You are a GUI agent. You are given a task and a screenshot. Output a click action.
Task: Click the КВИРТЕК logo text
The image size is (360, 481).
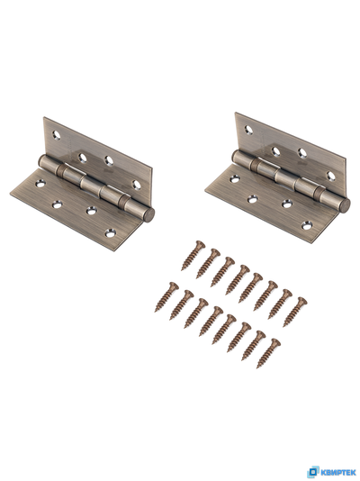click(x=337, y=472)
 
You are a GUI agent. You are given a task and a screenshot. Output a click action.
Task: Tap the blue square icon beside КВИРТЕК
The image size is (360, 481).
click(x=313, y=472)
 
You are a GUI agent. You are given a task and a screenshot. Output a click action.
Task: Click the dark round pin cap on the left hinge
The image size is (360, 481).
click(x=148, y=215)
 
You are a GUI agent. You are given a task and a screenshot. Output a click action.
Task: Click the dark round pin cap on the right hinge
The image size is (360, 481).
click(x=345, y=205)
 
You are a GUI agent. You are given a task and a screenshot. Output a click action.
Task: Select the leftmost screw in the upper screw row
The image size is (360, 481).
click(x=193, y=256)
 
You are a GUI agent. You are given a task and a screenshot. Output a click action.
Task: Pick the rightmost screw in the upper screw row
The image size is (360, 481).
click(x=295, y=312)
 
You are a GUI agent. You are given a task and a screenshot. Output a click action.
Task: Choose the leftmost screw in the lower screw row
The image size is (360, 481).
click(x=166, y=297)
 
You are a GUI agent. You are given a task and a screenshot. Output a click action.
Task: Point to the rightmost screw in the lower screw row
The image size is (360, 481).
click(x=269, y=353)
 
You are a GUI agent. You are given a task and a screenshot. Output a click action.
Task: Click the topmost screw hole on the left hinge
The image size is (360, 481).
click(x=57, y=134)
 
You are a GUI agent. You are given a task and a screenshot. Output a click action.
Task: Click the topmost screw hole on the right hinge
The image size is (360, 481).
click(x=248, y=130)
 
